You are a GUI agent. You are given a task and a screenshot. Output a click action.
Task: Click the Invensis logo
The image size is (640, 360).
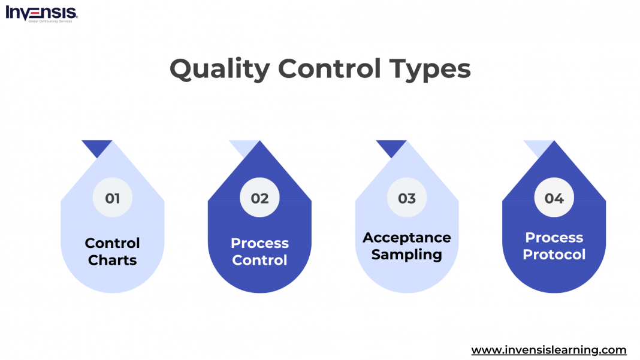41,13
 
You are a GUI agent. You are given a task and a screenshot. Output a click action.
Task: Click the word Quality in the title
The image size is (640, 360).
220,69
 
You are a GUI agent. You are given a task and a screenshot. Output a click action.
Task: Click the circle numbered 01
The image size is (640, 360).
113,198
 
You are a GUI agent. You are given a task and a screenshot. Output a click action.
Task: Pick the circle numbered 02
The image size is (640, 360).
259,198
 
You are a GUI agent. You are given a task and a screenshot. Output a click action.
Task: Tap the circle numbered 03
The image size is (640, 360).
407,198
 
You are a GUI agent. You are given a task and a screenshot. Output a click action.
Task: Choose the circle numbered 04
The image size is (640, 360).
554,198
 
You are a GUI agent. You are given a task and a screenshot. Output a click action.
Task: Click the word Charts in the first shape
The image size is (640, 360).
113,261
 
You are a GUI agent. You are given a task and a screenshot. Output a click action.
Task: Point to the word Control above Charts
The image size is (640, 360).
113,243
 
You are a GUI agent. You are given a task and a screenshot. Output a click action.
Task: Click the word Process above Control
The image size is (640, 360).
259,243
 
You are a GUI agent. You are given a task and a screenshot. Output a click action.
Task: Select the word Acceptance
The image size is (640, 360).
407,238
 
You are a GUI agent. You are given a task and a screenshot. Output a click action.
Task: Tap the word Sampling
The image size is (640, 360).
407,255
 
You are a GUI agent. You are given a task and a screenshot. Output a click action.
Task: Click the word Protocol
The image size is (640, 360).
554,255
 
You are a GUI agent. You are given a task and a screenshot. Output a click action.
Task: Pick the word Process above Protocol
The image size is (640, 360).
554,238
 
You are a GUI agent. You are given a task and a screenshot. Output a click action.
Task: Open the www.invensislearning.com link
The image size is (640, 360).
548,350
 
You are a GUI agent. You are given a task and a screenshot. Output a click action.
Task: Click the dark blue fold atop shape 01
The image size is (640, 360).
96,147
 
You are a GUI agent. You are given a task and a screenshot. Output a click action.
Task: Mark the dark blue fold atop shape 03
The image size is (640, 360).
391,147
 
